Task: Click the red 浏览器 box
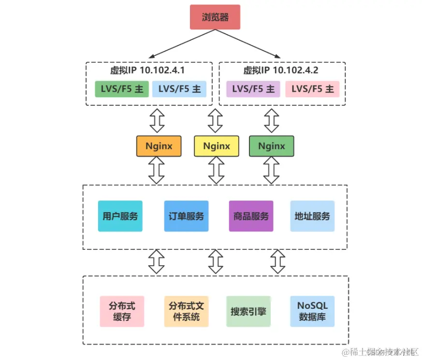[215, 17]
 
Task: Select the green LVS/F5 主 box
[122, 89]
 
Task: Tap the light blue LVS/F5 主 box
[179, 89]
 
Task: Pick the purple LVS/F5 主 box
[253, 89]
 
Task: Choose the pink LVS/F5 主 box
[312, 89]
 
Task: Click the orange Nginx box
[159, 146]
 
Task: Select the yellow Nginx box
[216, 146]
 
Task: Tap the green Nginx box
[271, 146]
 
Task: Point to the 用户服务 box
[120, 216]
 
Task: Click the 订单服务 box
[186, 216]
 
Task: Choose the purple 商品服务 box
[251, 216]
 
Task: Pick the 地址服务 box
[312, 216]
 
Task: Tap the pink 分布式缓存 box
[122, 312]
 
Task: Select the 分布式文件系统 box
[186, 312]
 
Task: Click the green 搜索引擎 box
[248, 312]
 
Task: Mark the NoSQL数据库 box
[312, 312]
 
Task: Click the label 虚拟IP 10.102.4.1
[147, 71]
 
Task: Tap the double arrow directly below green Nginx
[271, 171]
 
